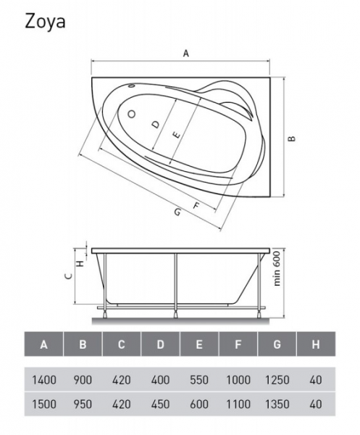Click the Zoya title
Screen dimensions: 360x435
tap(45, 21)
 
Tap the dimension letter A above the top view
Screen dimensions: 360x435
tap(186, 53)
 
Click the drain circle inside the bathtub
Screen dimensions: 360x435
tap(131, 114)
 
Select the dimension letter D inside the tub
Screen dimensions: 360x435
tap(156, 124)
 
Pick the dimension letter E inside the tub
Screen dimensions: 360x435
tap(176, 136)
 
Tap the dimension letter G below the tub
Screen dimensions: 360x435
tap(177, 212)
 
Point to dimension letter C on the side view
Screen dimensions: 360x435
tap(69, 275)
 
